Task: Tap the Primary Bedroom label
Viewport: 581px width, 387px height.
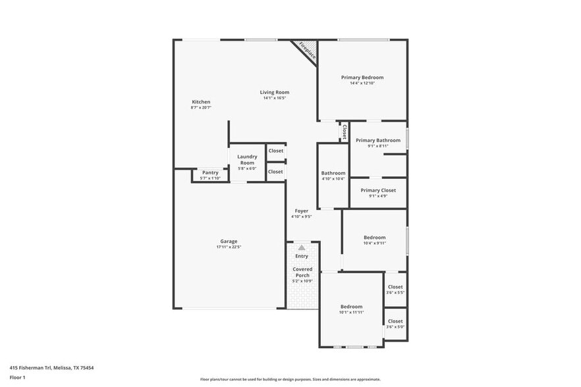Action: tap(362, 78)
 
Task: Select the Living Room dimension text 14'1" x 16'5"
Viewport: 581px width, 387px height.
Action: tap(274, 99)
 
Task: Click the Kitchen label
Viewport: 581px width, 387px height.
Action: tap(201, 102)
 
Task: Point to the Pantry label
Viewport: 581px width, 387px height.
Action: tap(210, 172)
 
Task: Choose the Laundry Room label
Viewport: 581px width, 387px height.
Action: tap(247, 159)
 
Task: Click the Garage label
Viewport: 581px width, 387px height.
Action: tap(229, 242)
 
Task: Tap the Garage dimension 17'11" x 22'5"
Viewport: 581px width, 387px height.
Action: tap(229, 247)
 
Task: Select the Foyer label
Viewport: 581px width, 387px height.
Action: tap(301, 211)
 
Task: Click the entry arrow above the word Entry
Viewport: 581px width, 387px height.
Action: tap(302, 247)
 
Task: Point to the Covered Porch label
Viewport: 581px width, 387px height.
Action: tap(302, 272)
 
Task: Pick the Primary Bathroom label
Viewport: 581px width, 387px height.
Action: tap(377, 140)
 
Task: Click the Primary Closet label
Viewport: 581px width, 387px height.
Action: tap(377, 190)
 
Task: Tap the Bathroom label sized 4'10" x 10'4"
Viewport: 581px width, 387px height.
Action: tap(333, 173)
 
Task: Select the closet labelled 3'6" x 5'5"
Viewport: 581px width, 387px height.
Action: tap(395, 287)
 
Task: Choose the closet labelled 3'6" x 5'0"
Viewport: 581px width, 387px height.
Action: tap(395, 321)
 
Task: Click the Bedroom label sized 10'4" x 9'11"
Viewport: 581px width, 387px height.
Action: tap(374, 238)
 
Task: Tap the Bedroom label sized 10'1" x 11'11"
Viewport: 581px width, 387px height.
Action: tap(351, 307)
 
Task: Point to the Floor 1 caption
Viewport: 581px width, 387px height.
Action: tap(17, 377)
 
